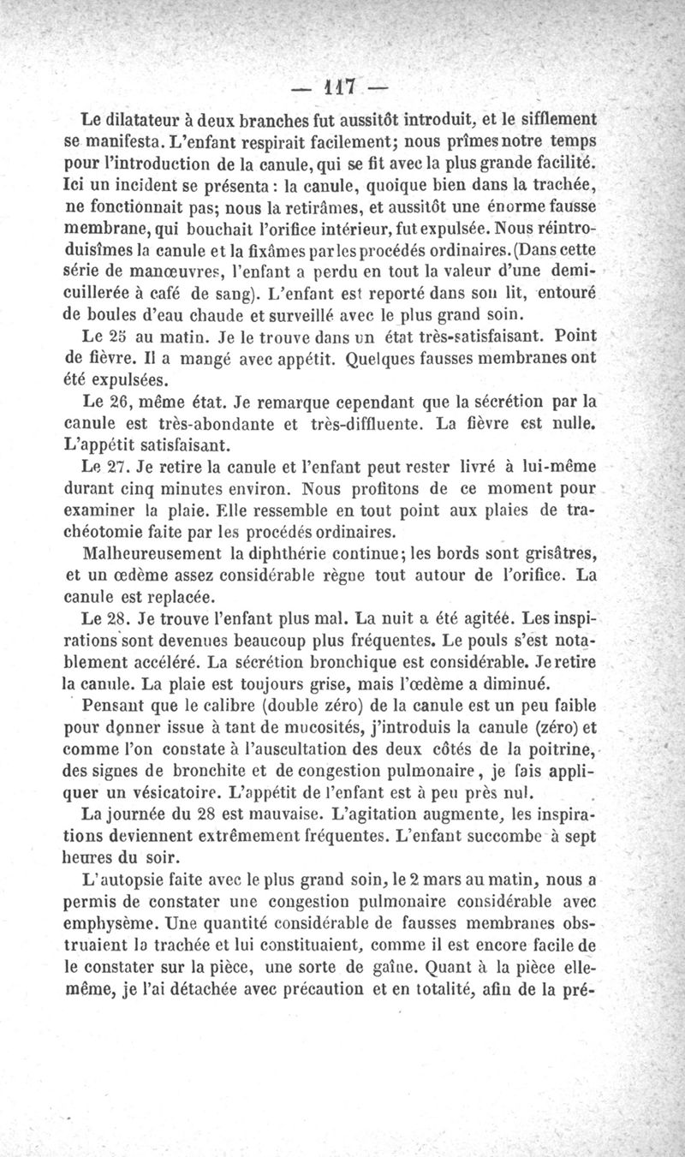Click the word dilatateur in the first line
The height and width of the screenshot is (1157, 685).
tap(151, 117)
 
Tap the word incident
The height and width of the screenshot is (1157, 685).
tap(142, 182)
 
